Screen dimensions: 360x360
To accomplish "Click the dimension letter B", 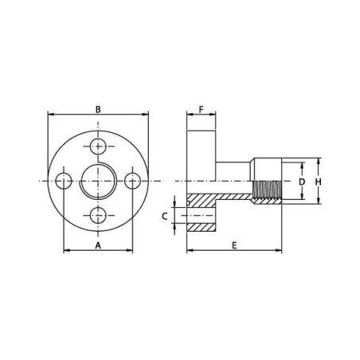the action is coord(98,109).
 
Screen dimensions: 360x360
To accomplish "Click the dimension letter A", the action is coord(98,245).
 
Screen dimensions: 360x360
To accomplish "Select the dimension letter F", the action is coord(202,109).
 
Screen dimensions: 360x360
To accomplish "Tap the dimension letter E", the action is coord(234,245).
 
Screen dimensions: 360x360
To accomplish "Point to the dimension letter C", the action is coord(165,217).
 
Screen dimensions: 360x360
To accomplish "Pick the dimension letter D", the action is coord(302,182).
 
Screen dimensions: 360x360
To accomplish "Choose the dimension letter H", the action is coord(319,182).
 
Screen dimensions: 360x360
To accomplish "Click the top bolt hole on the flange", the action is coord(98,147).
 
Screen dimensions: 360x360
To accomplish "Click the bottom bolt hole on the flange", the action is coord(98,215).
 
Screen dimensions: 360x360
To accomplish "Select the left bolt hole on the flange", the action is coord(64,181).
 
